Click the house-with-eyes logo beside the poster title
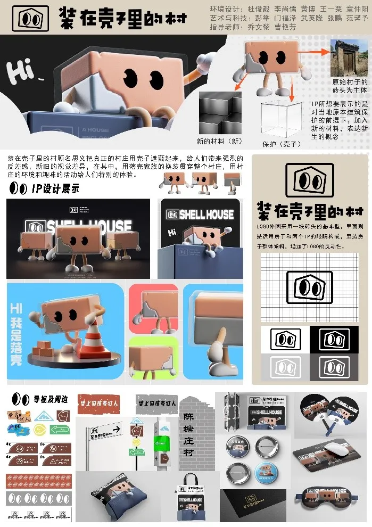(33, 18)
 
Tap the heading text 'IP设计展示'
(55, 188)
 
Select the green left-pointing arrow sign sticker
(60, 429)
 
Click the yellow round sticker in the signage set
(40, 429)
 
